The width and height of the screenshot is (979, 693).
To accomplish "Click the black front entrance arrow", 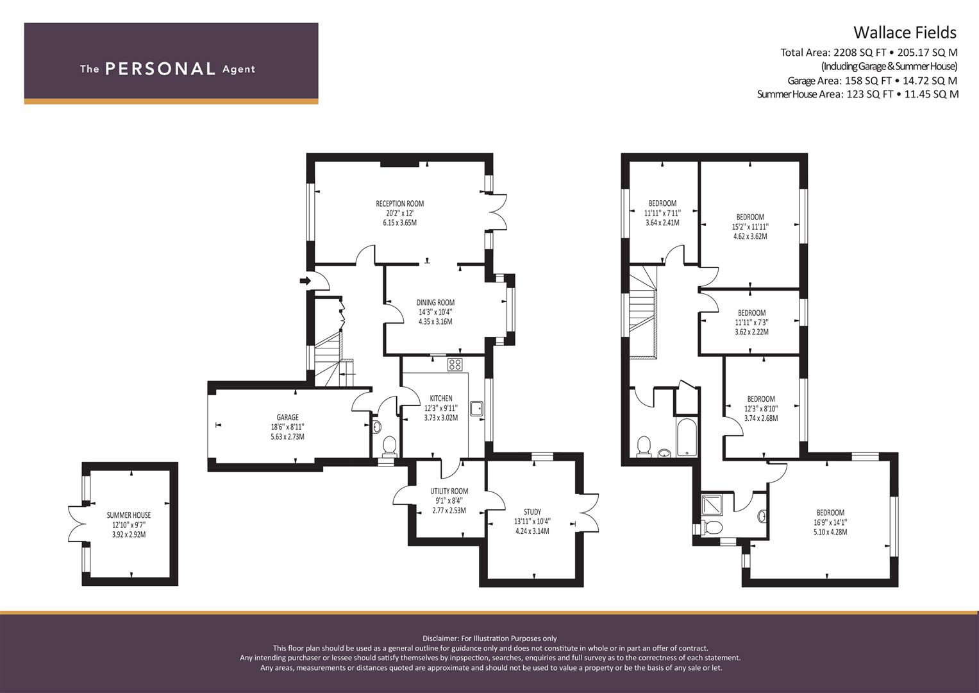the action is [x=305, y=280].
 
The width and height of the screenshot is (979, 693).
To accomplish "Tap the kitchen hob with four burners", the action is [x=455, y=364].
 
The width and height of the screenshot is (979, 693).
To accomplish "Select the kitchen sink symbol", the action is [x=476, y=409].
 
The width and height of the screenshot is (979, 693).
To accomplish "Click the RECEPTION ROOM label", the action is [x=399, y=203].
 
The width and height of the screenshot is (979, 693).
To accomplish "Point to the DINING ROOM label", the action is [x=435, y=302].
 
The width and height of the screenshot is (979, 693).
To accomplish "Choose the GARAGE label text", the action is [x=287, y=417].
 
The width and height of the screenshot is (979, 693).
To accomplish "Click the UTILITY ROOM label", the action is [x=449, y=492].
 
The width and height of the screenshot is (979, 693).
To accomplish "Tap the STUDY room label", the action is [x=532, y=512].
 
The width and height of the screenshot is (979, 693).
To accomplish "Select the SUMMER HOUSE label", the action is [x=128, y=515].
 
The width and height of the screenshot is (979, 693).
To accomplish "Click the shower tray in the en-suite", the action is [x=712, y=505].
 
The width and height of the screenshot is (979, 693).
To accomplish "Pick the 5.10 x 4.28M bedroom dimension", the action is [x=830, y=532].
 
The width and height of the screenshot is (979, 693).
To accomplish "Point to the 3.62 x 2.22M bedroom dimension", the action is [x=751, y=332].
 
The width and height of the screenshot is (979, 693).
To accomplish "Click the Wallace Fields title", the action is [x=905, y=33].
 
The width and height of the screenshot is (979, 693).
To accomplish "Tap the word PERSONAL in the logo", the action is [x=160, y=69].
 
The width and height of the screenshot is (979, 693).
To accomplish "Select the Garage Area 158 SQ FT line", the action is [x=873, y=80].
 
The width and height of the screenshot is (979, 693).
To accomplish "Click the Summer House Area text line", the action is [x=858, y=94].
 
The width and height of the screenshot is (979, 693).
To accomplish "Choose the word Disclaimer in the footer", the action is [x=440, y=638].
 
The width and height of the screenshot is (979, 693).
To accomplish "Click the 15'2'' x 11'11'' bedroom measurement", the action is [x=750, y=227].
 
